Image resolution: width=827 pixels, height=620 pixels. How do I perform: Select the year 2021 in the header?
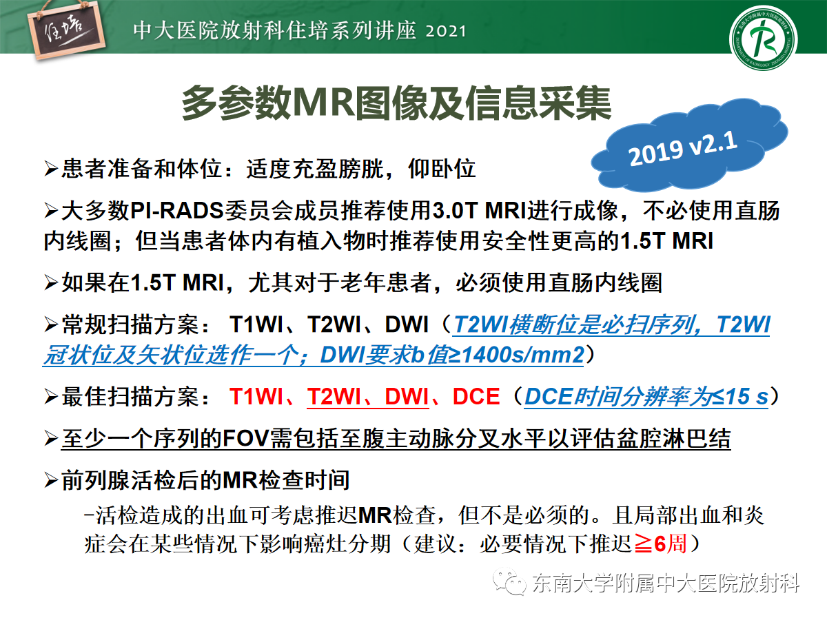click(x=441, y=32)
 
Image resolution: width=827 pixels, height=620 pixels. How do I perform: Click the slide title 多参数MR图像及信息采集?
click(x=396, y=105)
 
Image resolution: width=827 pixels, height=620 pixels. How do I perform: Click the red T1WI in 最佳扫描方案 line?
click(x=256, y=397)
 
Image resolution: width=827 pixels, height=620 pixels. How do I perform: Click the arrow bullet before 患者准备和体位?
click(x=51, y=169)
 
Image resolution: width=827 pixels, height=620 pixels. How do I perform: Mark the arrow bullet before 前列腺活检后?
click(x=51, y=480)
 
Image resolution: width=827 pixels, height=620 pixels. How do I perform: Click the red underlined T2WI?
click(x=334, y=397)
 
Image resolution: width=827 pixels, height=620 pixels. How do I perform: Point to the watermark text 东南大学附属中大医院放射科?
click(x=666, y=584)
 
